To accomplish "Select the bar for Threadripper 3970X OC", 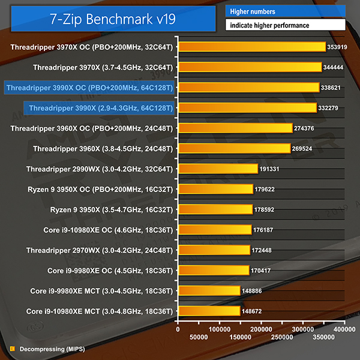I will [x=252, y=47].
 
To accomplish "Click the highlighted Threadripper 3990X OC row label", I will [x=89, y=88].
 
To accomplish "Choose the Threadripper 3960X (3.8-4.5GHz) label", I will [x=103, y=148].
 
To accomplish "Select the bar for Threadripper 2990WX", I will [x=218, y=169].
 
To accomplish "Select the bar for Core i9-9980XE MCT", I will [x=209, y=291].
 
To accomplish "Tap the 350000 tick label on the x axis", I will [x=325, y=337].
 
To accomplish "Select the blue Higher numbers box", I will [x=285, y=11].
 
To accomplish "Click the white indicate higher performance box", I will [x=285, y=26].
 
